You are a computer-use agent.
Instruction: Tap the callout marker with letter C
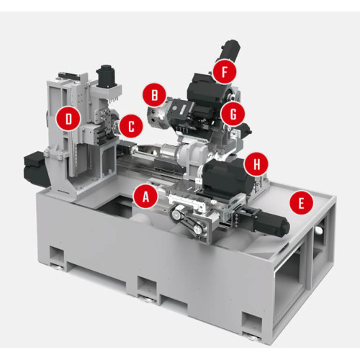click(x=130, y=127)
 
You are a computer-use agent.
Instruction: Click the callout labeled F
click(x=225, y=73)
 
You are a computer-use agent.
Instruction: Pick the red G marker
click(x=231, y=112)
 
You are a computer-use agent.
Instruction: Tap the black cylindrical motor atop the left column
click(x=107, y=75)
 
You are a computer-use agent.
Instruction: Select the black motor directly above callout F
click(x=229, y=50)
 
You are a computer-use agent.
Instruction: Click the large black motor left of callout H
click(x=225, y=177)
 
